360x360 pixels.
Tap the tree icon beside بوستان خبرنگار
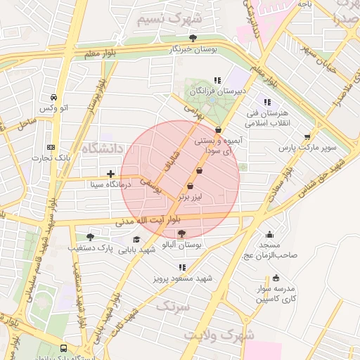(193, 38)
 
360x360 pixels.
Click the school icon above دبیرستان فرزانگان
(217, 80)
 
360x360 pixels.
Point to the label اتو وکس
(54, 108)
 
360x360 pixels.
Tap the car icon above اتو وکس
(54, 97)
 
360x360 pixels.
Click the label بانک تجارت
(50, 157)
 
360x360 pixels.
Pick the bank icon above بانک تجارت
(50, 147)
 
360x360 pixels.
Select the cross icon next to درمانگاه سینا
(110, 173)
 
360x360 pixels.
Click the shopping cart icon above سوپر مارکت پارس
(307, 137)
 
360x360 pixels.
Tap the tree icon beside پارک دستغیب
(89, 237)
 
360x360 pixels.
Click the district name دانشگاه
(103, 148)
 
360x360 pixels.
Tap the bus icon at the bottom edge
(64, 348)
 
